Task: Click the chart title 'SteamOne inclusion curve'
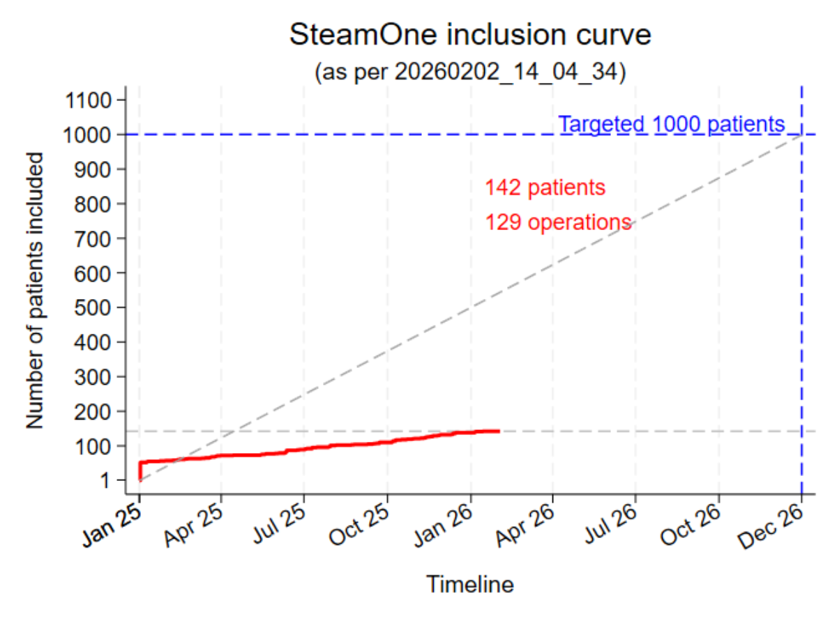(x=470, y=35)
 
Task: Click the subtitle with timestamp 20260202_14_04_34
(x=470, y=72)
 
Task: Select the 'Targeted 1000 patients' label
(x=672, y=125)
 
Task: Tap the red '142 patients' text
(x=545, y=187)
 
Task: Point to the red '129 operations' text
(x=558, y=222)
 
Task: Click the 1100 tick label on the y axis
(x=87, y=100)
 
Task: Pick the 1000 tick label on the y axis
(x=87, y=135)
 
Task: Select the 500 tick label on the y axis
(x=93, y=307)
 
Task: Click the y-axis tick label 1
(x=106, y=480)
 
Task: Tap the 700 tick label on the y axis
(x=93, y=238)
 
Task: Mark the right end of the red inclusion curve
(x=499, y=431)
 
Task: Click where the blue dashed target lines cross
(x=801, y=135)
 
